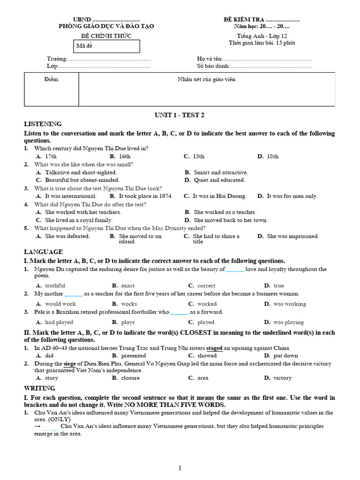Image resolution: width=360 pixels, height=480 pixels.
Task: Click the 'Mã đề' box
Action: click(x=107, y=46)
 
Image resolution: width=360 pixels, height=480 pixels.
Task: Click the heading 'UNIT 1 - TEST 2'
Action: click(x=180, y=115)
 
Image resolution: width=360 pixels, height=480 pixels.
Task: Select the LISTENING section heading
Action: click(x=43, y=124)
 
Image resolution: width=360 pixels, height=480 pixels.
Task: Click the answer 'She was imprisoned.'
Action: click(x=292, y=236)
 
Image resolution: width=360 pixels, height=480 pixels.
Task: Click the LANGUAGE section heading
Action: click(x=43, y=252)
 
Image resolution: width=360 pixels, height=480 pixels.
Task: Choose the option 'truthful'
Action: click(x=55, y=285)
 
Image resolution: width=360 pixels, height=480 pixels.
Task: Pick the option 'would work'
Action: click(x=60, y=304)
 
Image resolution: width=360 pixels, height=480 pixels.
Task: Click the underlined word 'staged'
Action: click(x=214, y=348)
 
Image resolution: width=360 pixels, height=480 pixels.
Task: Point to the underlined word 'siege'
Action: click(x=69, y=364)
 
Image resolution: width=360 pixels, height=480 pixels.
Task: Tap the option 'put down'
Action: click(x=285, y=356)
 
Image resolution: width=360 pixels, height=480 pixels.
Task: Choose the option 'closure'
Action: click(x=130, y=378)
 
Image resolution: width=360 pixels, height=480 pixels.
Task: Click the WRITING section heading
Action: click(x=39, y=388)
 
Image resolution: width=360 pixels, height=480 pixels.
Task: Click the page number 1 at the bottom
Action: click(x=180, y=468)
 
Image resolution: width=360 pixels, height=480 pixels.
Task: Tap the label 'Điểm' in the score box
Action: click(x=51, y=79)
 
